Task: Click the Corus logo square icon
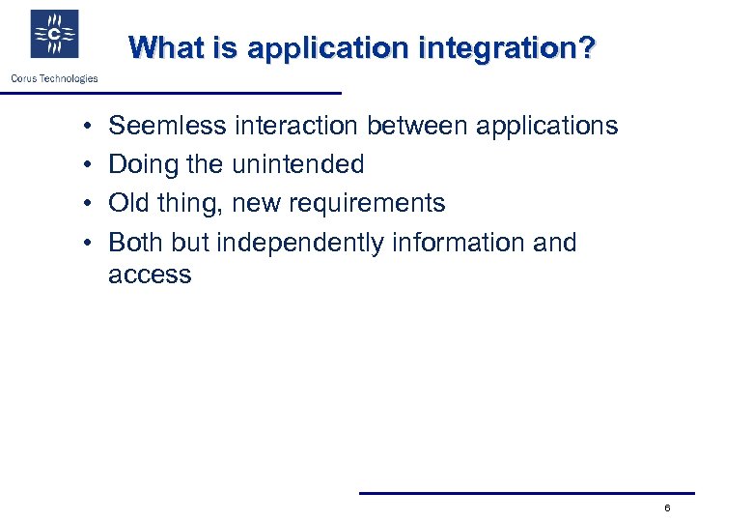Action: click(x=54, y=35)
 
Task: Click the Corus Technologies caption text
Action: click(x=54, y=78)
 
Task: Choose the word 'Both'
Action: click(x=136, y=242)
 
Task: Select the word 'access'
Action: click(x=150, y=275)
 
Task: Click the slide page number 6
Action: click(x=667, y=508)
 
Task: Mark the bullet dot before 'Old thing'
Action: click(x=87, y=204)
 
